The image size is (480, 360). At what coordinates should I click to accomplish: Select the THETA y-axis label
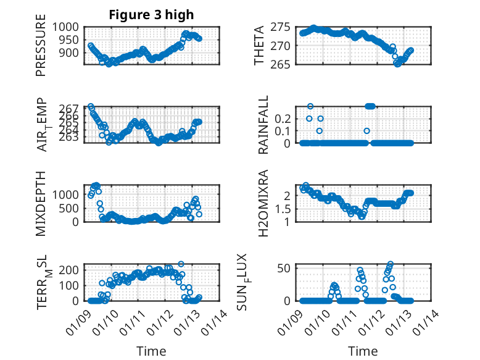(x=260, y=46)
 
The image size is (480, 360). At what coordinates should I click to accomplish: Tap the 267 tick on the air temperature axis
(x=69, y=108)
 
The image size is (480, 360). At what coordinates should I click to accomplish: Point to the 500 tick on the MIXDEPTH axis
(x=69, y=208)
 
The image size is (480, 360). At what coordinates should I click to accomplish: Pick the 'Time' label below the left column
(x=151, y=351)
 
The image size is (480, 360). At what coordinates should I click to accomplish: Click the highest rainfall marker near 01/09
(x=310, y=106)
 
